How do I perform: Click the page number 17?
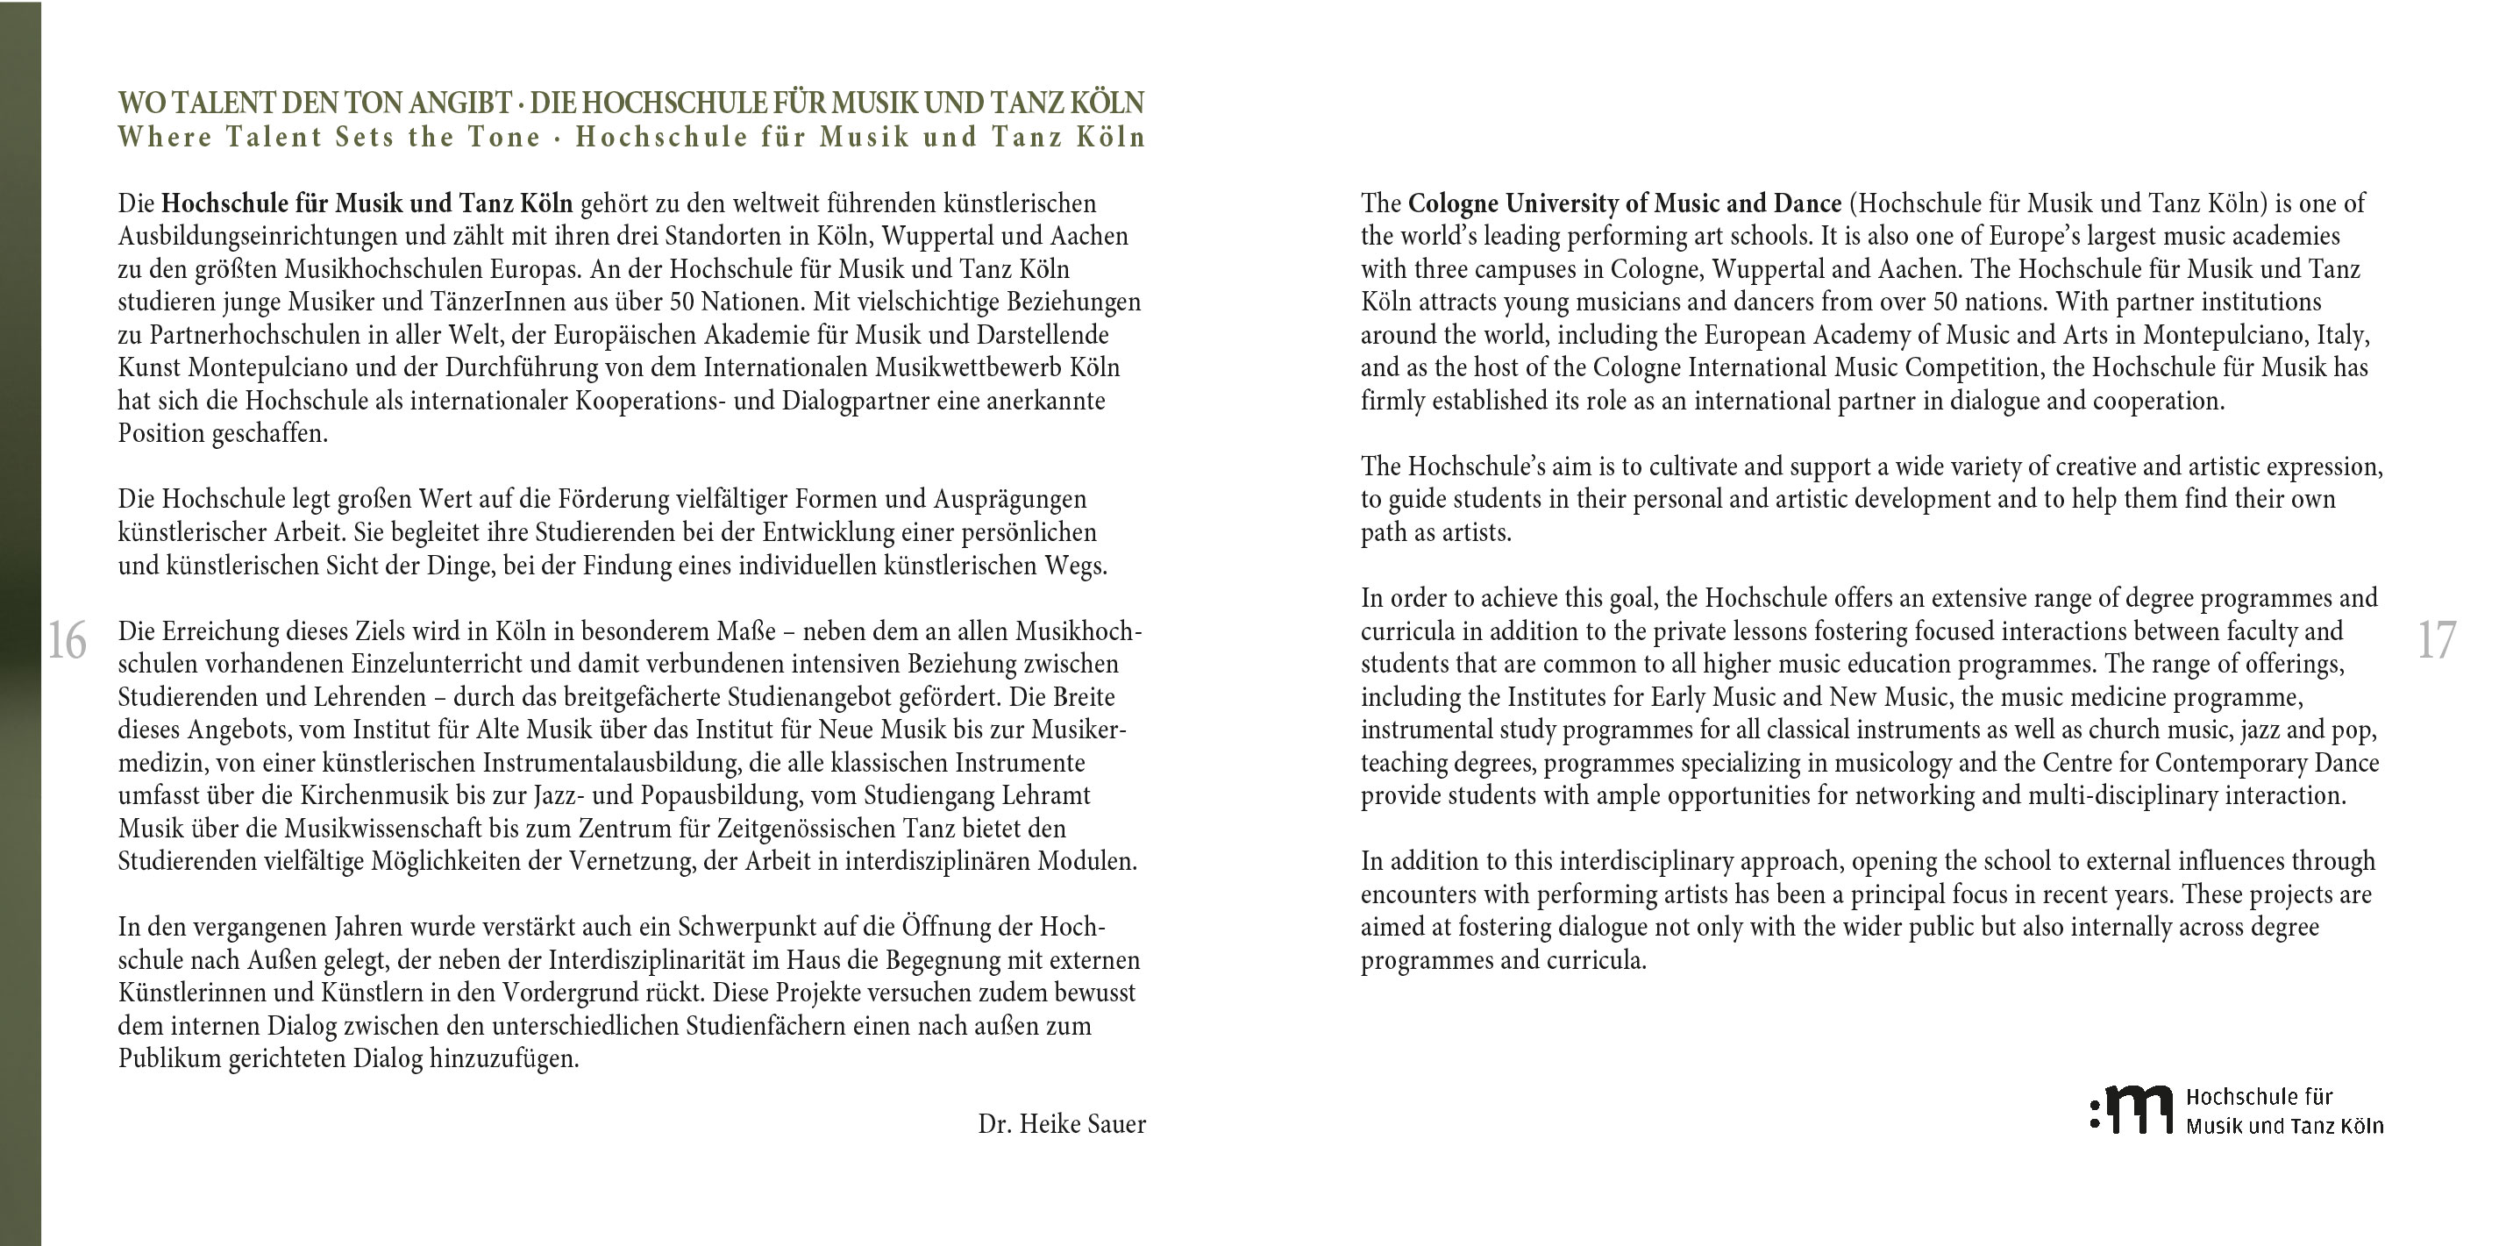(2436, 641)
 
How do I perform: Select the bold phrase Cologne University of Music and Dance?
(1625, 203)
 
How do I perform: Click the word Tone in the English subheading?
(503, 137)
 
